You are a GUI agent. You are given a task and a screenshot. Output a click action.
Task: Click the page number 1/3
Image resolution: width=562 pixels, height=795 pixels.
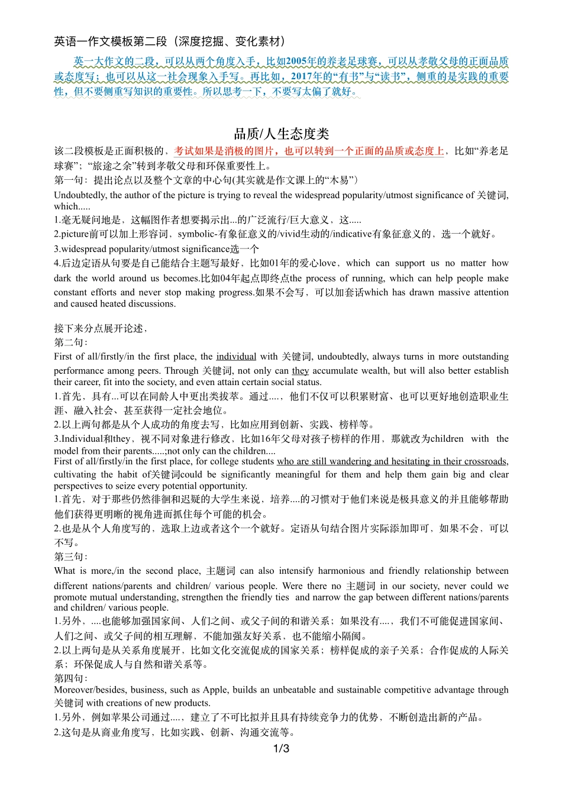coord(281,749)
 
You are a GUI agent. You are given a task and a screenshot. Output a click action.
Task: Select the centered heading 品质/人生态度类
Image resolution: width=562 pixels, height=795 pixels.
coord(281,134)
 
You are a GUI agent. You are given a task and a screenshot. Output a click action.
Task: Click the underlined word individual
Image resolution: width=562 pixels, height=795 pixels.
coord(236,357)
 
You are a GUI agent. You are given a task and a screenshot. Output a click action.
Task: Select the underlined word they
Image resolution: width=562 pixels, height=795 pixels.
coord(301,371)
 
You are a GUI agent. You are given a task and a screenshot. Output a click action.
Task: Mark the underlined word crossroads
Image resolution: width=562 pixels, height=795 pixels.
coord(483,461)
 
